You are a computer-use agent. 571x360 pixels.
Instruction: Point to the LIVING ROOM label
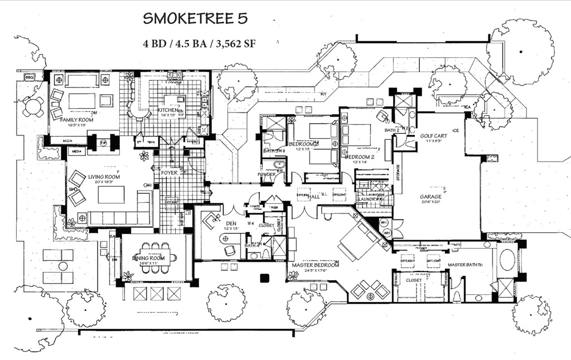[x=104, y=177]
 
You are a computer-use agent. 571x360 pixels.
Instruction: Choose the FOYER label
[x=170, y=173]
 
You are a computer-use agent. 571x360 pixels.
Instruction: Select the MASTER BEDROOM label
[x=316, y=265]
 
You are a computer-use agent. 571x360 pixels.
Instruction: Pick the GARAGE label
[x=431, y=197]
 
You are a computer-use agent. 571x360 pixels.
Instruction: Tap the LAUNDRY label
[x=368, y=198]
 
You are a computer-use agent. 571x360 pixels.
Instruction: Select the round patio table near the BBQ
[x=33, y=106]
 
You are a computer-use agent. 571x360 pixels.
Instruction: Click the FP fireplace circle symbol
[x=103, y=143]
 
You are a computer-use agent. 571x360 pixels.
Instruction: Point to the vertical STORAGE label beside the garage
[x=398, y=173]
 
